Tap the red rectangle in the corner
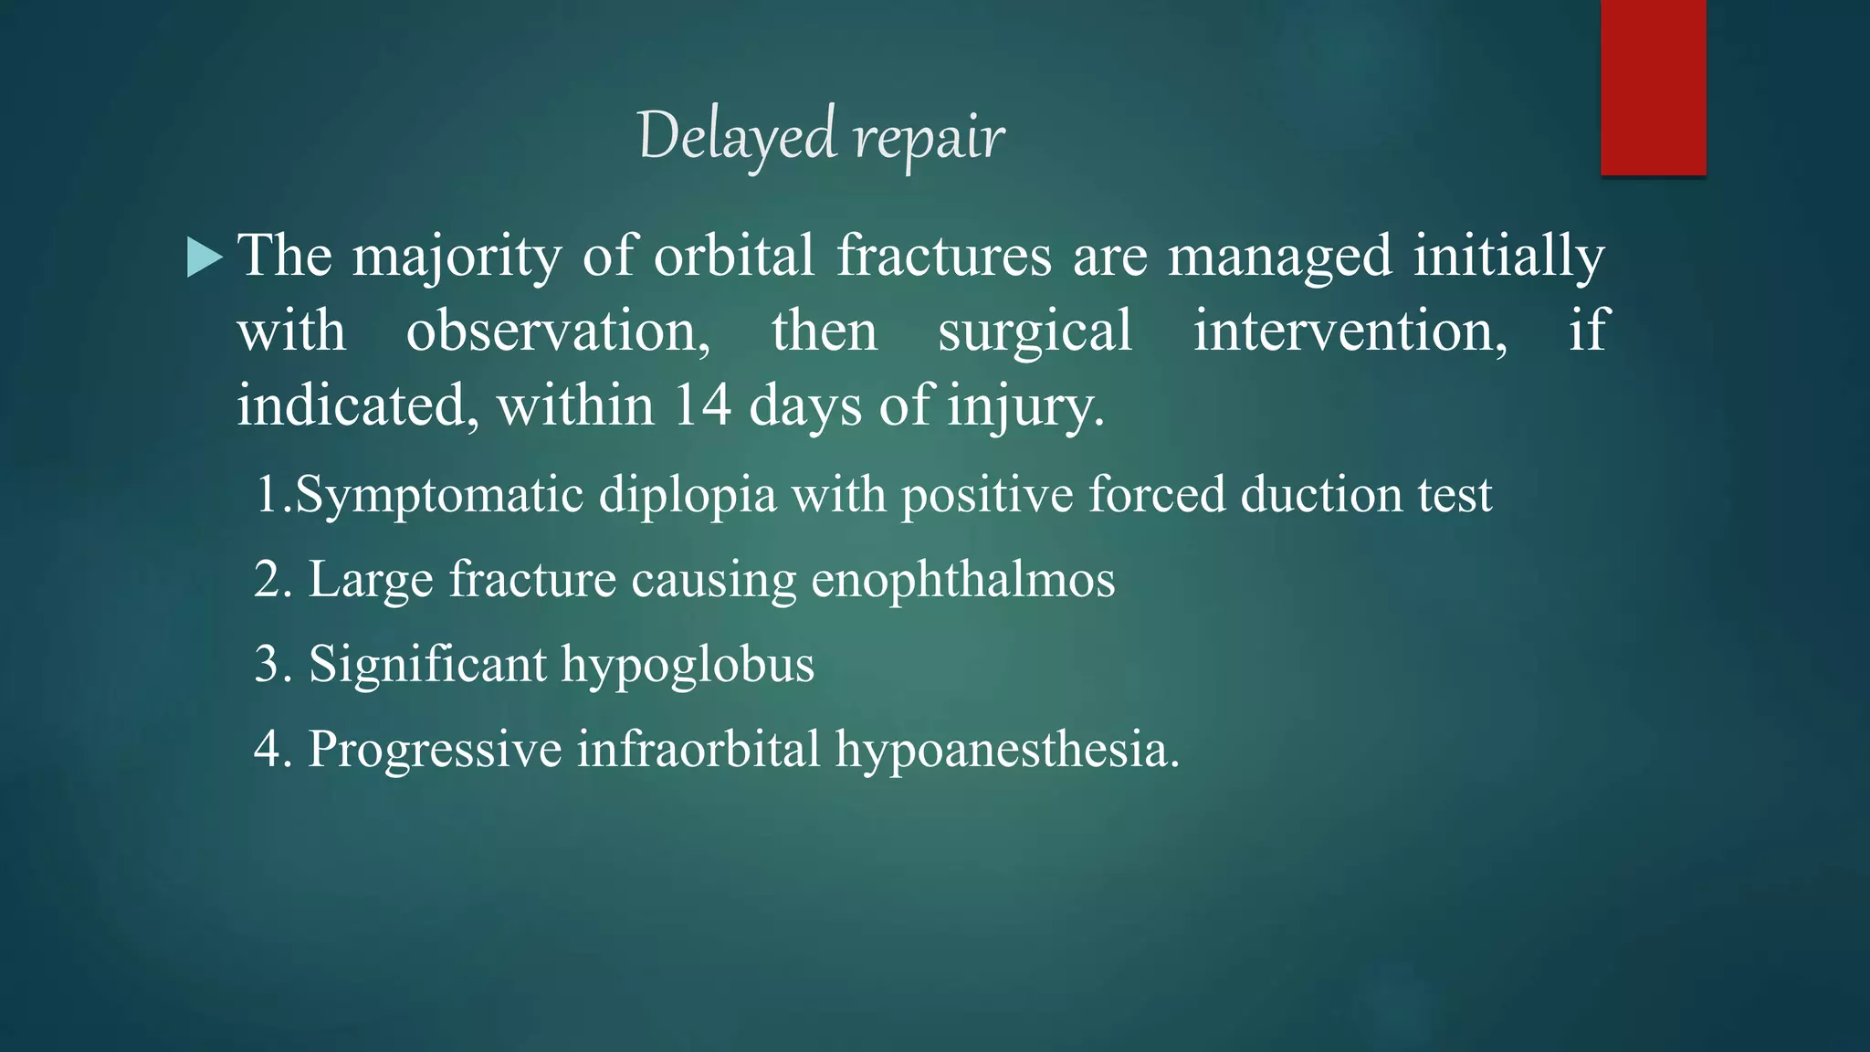1653,87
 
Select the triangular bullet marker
204,257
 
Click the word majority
457,257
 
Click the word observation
558,331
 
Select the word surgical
1035,331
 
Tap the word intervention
1350,331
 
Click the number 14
702,405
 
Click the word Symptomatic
439,496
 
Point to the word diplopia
688,496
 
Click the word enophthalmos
962,580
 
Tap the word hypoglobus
688,665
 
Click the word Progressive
435,750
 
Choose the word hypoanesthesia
1007,750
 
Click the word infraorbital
699,748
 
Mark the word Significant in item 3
427,665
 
